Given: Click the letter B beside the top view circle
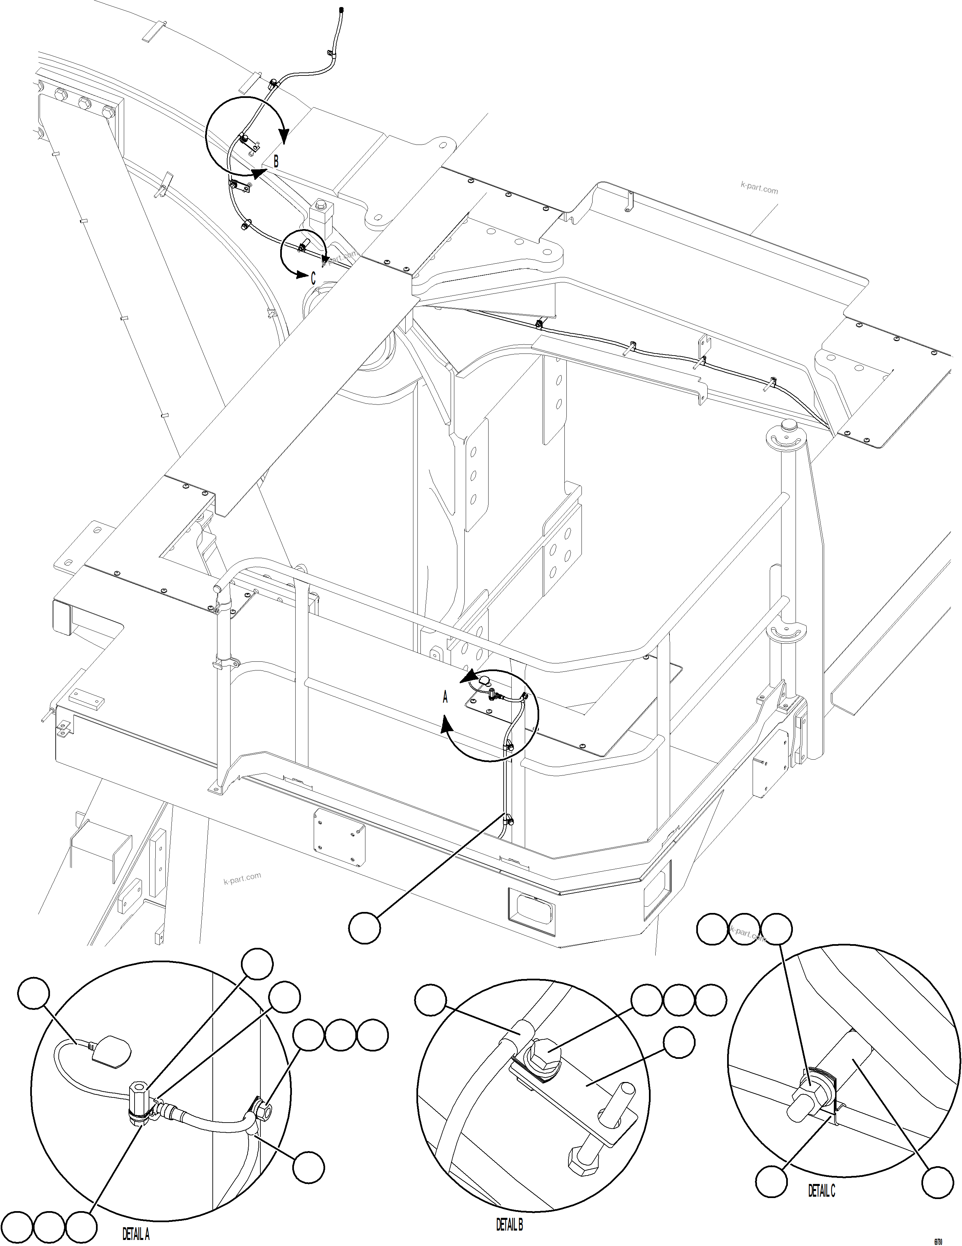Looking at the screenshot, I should [276, 161].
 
